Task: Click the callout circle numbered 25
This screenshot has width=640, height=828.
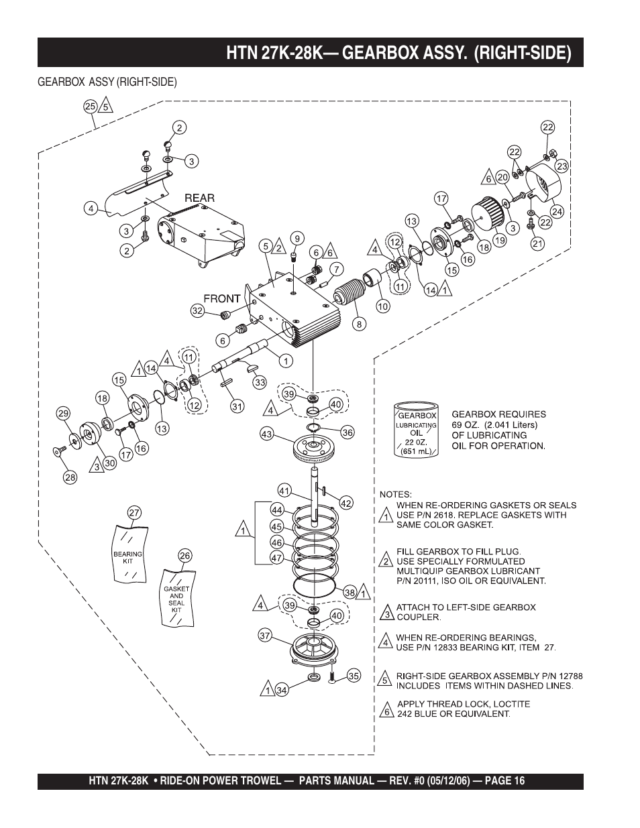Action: click(x=90, y=105)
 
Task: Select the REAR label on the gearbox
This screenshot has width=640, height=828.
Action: click(x=200, y=198)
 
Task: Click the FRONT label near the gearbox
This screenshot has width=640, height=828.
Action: click(x=222, y=298)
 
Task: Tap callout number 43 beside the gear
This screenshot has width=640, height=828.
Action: click(x=266, y=434)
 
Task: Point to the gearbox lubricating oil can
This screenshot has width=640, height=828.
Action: click(x=416, y=430)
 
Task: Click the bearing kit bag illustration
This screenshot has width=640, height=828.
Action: click(x=128, y=554)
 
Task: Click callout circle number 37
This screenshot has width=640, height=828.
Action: click(x=265, y=635)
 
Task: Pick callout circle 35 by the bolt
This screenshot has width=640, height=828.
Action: click(x=354, y=676)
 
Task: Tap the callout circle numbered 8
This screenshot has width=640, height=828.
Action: click(x=360, y=324)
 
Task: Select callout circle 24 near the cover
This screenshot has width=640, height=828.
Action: click(x=557, y=211)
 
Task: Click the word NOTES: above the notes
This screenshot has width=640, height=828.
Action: click(x=396, y=494)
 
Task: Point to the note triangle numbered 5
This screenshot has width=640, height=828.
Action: click(x=386, y=680)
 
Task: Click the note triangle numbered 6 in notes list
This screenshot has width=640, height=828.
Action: click(x=386, y=711)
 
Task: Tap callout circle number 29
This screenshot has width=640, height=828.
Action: click(x=63, y=414)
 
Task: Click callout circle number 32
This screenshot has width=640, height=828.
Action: click(x=197, y=310)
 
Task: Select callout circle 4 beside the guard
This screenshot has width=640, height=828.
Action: click(x=90, y=208)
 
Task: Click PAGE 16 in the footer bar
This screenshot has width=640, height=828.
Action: click(x=504, y=781)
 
